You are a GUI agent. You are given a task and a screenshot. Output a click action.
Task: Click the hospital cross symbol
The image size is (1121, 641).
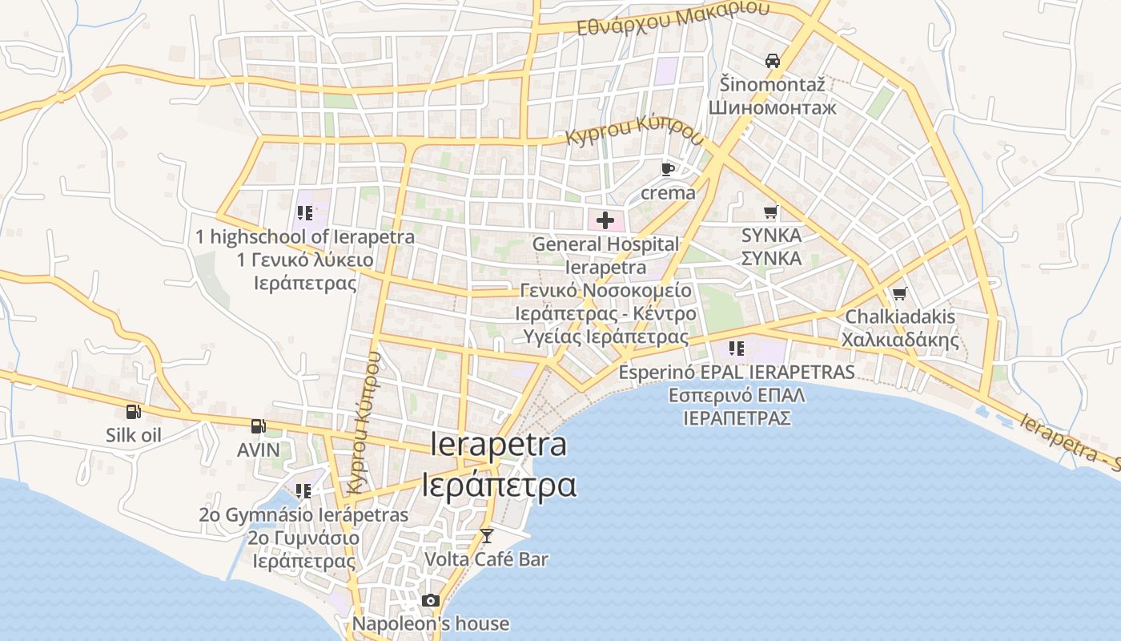point(605,220)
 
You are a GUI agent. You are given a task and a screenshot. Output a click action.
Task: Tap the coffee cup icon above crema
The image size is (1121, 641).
point(668,169)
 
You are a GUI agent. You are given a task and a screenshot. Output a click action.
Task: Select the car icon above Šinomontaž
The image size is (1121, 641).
point(772,60)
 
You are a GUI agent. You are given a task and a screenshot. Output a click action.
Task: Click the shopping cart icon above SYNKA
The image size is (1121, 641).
point(771,212)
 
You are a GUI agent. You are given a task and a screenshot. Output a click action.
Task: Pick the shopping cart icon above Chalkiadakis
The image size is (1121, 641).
point(900,294)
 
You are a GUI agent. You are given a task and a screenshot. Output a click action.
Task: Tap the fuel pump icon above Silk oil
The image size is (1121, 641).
point(134,412)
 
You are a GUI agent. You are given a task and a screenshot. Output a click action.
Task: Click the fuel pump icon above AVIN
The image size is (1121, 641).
point(258,426)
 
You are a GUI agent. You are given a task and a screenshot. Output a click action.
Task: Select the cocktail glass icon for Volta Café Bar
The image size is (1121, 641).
point(486,535)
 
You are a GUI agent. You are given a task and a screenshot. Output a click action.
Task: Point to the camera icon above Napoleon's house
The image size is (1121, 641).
point(431,600)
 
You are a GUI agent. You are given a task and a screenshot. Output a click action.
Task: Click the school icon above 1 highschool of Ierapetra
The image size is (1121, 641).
point(304,213)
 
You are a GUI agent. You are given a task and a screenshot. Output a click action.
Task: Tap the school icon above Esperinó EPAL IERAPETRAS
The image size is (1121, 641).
point(737,349)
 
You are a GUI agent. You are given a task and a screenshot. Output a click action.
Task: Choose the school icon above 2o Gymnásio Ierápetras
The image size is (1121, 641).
point(303,490)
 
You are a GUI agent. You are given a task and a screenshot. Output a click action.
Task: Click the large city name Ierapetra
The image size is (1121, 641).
point(498,445)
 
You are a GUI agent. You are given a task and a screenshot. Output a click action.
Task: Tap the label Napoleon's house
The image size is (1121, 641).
point(431,623)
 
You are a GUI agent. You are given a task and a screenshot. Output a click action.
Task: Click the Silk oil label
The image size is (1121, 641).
point(134,435)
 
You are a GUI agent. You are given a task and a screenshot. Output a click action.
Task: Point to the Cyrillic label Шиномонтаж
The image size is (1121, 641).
point(772,107)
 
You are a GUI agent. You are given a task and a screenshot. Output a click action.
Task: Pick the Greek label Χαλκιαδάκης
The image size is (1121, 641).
point(900,340)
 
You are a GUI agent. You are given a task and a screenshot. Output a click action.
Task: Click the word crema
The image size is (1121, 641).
point(668,193)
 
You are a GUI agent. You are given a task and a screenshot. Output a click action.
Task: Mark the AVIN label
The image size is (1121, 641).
point(259,450)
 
